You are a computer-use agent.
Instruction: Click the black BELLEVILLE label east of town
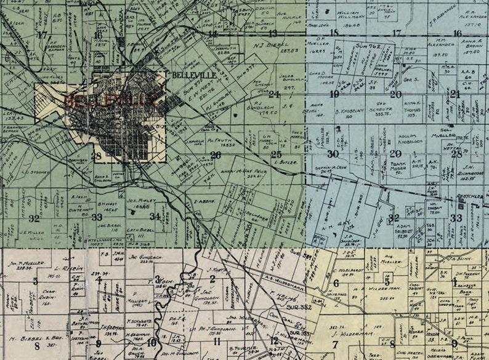193,75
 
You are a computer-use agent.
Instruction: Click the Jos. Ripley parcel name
142,201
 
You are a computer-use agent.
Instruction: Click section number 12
273,340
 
